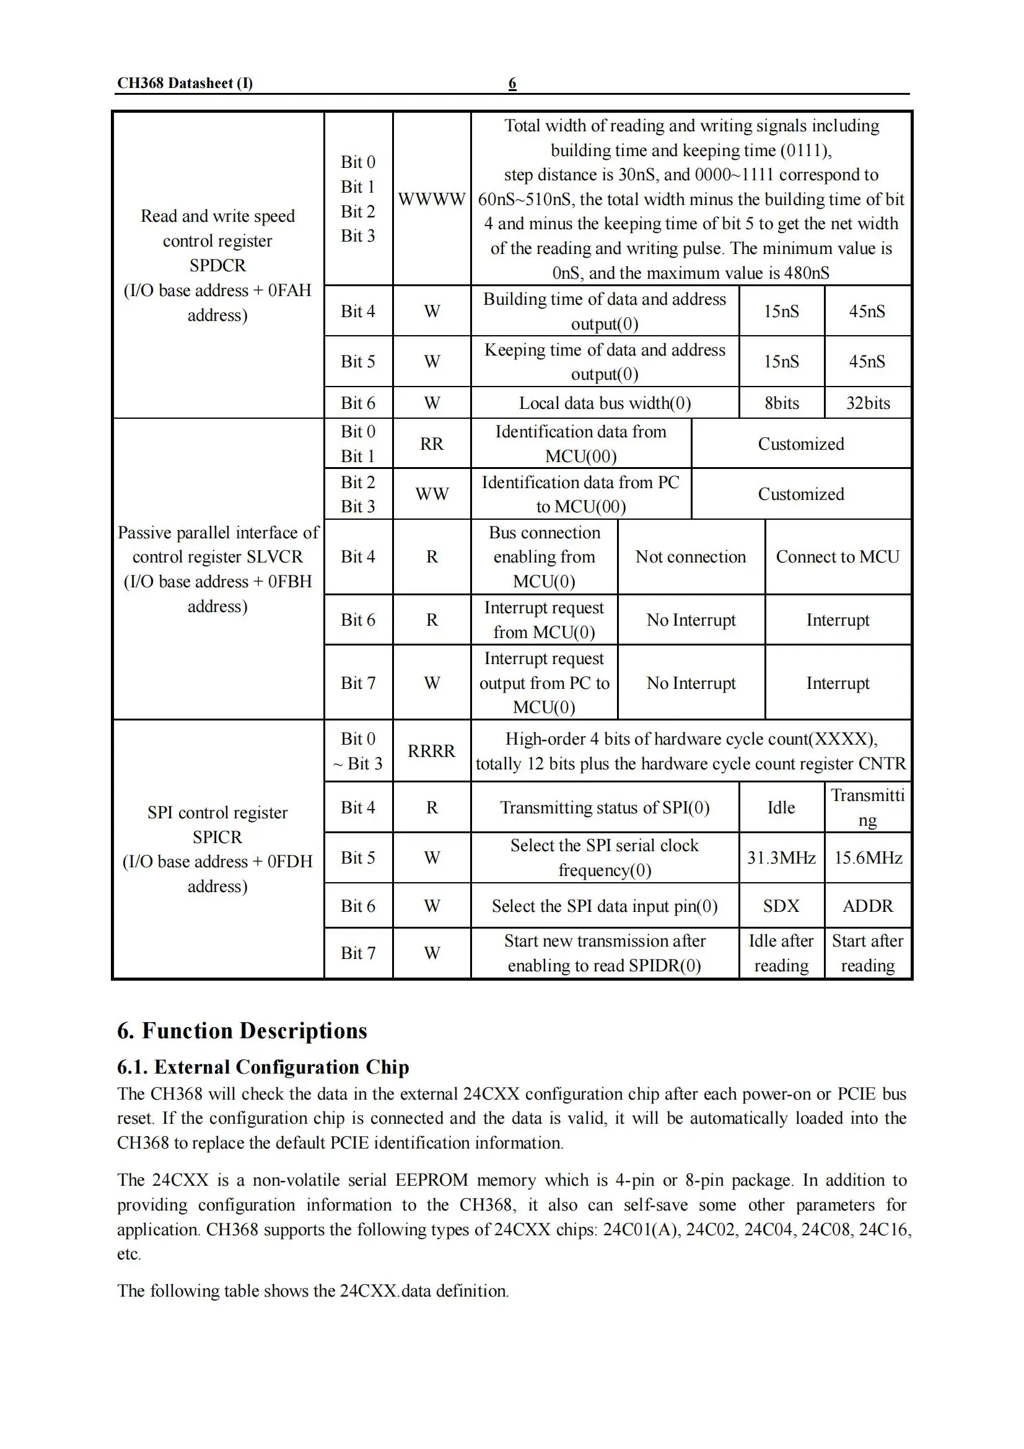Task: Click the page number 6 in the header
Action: point(512,83)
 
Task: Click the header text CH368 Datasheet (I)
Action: point(185,83)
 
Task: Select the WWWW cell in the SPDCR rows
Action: point(432,199)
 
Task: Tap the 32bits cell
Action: point(867,403)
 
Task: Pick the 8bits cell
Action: point(781,403)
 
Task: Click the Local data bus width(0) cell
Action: point(605,403)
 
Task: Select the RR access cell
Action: point(432,444)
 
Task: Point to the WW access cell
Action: point(432,494)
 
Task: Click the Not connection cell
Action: point(690,557)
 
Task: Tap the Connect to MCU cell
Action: point(838,557)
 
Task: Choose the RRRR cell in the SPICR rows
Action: point(432,751)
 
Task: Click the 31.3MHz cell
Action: point(781,857)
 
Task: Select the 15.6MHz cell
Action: point(867,857)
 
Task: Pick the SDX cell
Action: point(781,906)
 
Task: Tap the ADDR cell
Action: point(867,906)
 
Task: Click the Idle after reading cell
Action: point(781,953)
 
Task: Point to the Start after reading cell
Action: point(867,953)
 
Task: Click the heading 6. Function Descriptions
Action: point(242,1031)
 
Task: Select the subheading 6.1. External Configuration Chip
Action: point(263,1067)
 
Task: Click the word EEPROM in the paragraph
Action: point(432,1180)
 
